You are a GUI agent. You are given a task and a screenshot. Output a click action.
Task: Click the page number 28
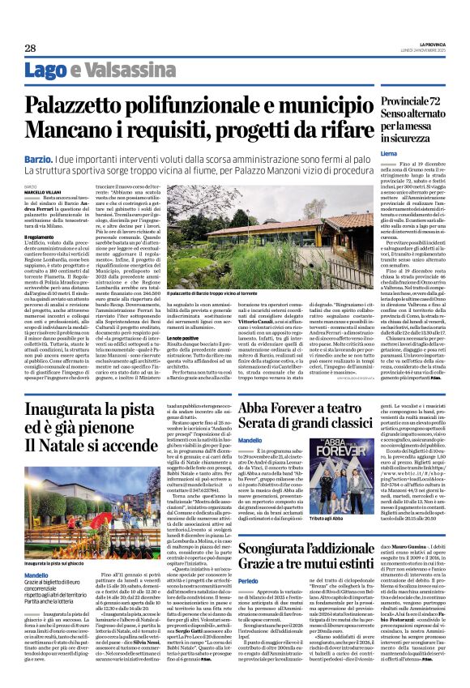click(x=30, y=48)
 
